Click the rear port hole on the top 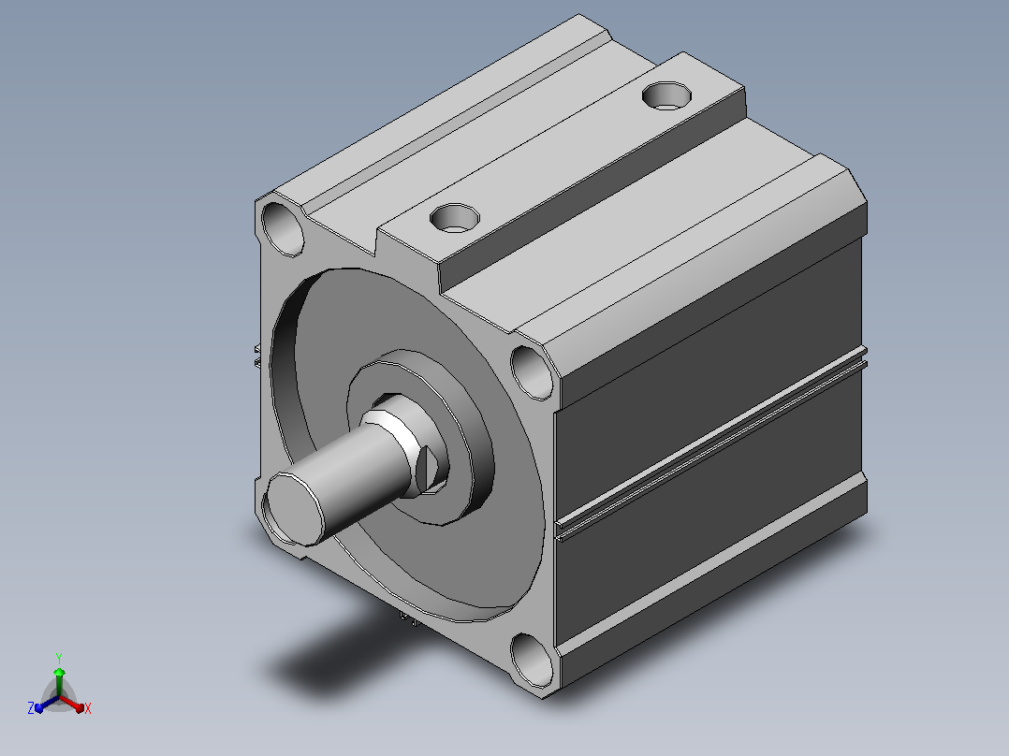point(666,95)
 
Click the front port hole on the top point(454,217)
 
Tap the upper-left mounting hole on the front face point(283,228)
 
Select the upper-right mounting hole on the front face point(533,372)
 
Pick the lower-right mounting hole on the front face point(533,661)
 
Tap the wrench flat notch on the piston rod point(426,470)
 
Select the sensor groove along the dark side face point(711,443)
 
